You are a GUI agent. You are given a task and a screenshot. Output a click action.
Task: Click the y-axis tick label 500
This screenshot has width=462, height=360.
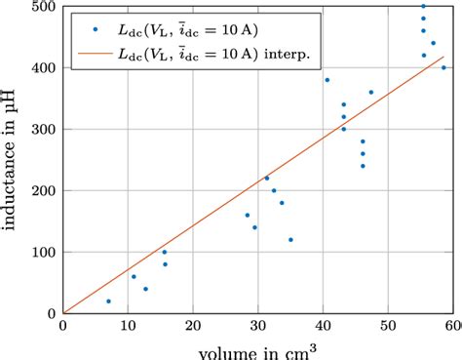[x=43, y=7]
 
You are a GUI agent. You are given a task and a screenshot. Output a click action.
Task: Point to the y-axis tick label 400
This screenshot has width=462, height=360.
[x=43, y=67]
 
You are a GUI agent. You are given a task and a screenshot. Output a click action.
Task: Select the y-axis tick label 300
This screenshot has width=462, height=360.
[x=43, y=129]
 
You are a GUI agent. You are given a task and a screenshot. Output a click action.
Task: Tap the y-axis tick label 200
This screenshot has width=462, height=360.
[x=43, y=190]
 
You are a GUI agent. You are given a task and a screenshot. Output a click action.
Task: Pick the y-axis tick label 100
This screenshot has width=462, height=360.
[x=43, y=252]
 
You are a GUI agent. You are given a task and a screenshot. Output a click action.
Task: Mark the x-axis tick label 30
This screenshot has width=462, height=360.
[x=258, y=328]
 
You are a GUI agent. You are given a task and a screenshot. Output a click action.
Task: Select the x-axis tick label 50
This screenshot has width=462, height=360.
[x=388, y=328]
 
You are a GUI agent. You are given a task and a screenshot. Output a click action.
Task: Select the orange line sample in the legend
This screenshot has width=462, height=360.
[x=93, y=53]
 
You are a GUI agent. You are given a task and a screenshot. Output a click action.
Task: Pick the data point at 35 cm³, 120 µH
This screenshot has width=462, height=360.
[x=290, y=239]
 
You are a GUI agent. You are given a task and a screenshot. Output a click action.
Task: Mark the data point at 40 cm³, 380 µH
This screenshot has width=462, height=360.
[x=327, y=80]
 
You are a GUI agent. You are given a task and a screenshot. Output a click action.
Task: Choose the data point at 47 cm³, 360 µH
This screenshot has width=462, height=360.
[x=371, y=92]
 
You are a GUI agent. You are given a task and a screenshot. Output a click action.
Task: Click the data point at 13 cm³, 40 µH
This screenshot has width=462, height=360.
[x=146, y=289]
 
